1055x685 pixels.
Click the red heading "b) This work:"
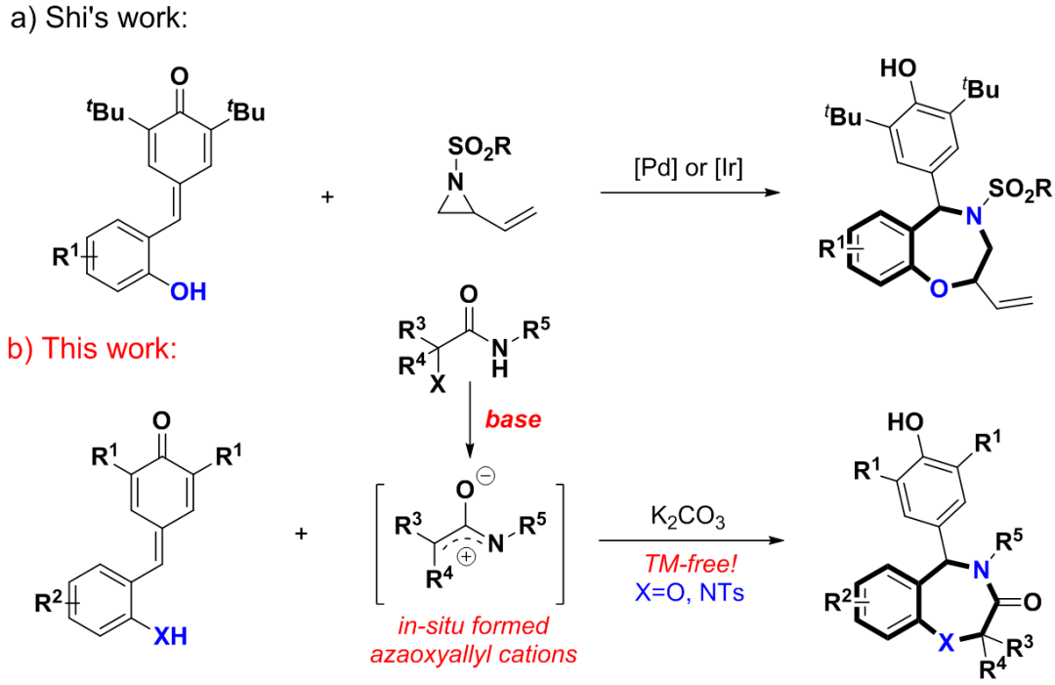(92, 349)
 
